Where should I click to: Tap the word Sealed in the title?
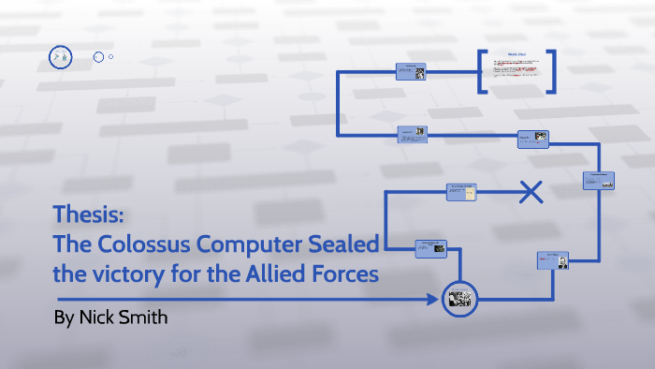[x=342, y=244]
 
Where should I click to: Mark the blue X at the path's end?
[x=531, y=193]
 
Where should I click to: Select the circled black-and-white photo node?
[x=458, y=299]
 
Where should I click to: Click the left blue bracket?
[x=482, y=71]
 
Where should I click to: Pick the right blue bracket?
[x=552, y=71]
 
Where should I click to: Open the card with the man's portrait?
[x=552, y=260]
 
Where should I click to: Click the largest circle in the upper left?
[x=59, y=58]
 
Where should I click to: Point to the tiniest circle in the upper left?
[x=111, y=57]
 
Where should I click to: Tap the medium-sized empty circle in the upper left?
[x=98, y=57]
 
